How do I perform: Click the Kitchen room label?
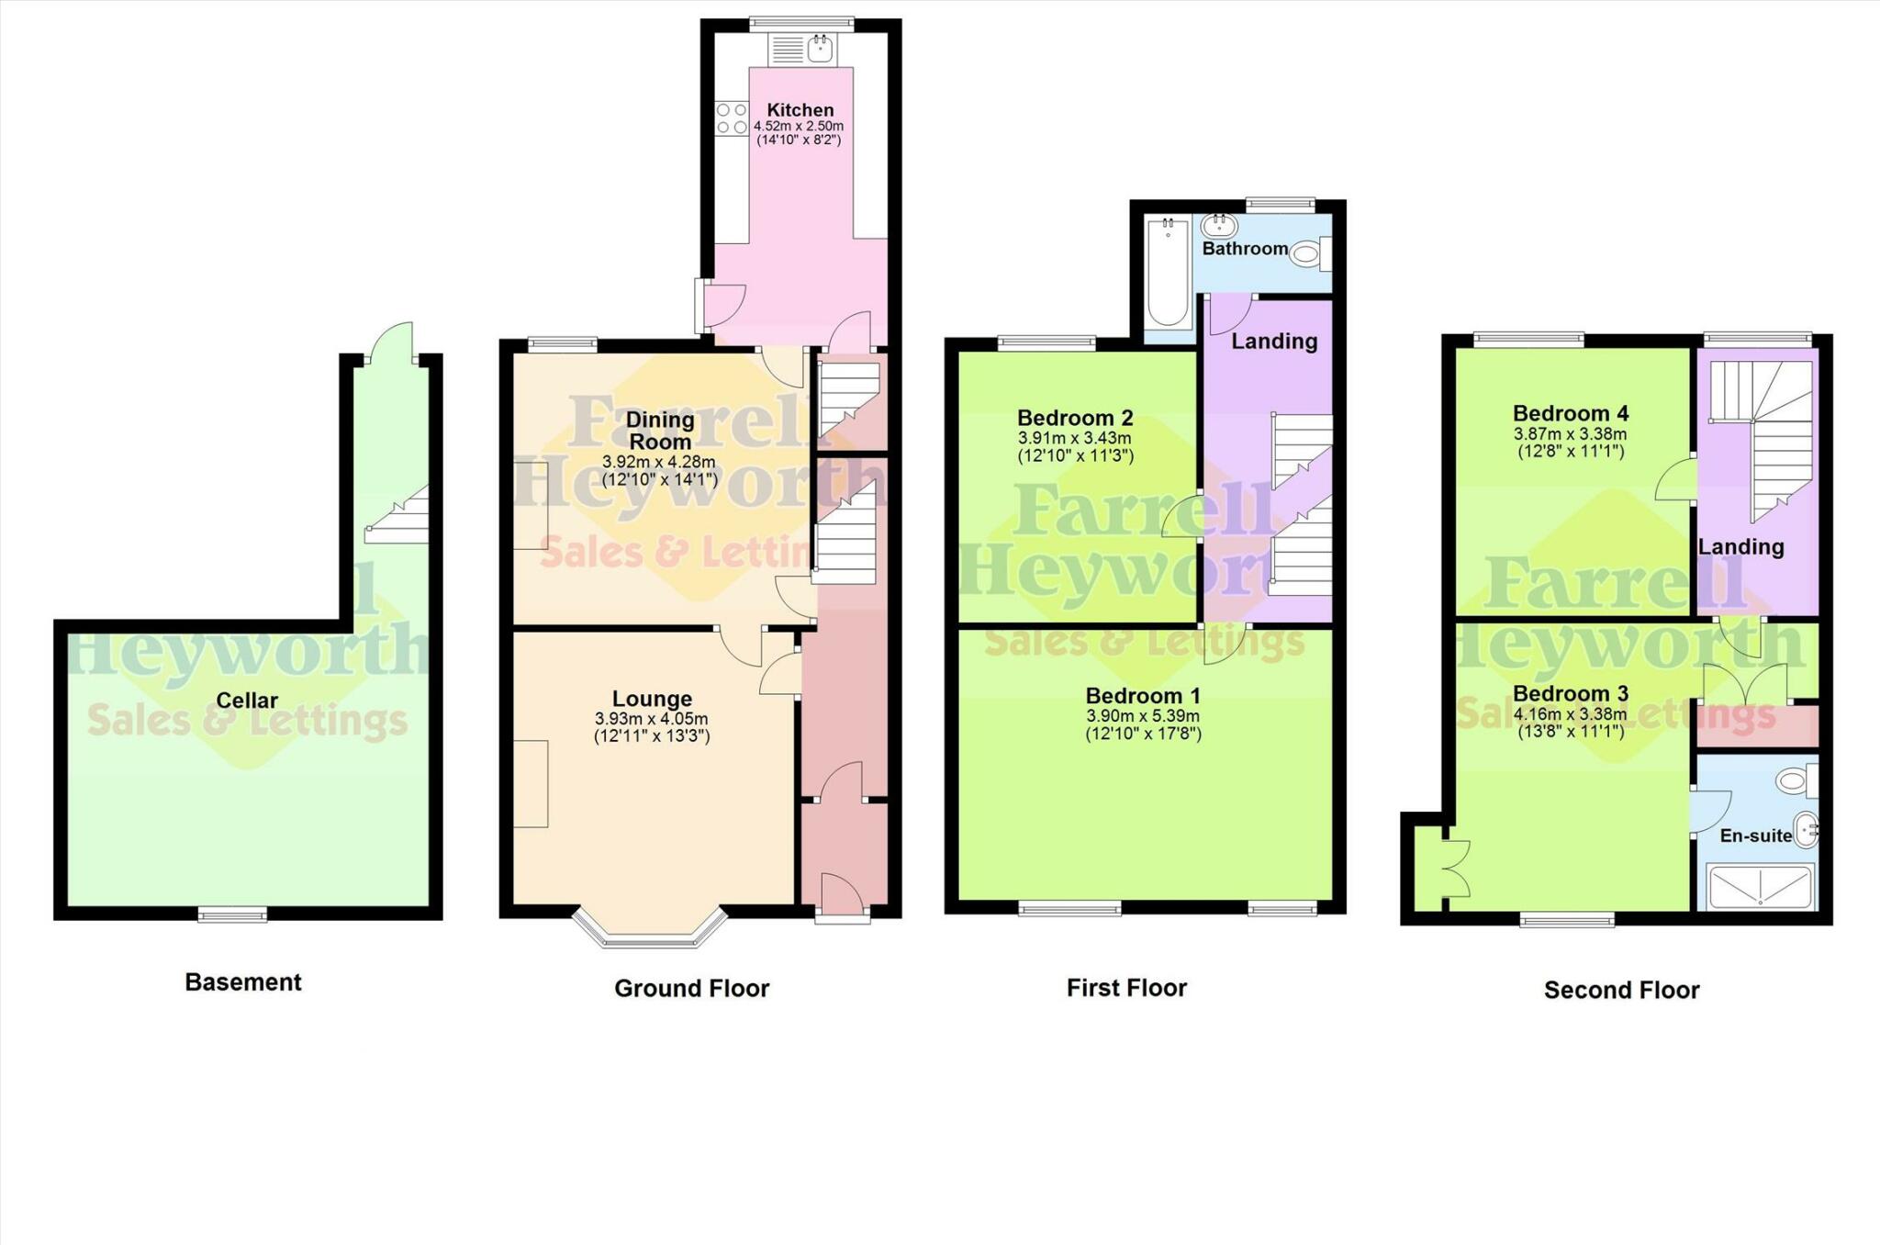(x=800, y=110)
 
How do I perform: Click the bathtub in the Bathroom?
(x=1167, y=273)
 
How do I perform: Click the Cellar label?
(x=247, y=701)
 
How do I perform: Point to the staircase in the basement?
(x=398, y=516)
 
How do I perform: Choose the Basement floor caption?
(x=243, y=982)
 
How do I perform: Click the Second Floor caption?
(x=1621, y=990)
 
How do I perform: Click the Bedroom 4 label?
(x=1571, y=413)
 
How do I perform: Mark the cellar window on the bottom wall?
(x=233, y=914)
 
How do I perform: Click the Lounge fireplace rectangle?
(x=531, y=783)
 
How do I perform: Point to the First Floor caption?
(x=1126, y=988)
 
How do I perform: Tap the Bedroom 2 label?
(x=1075, y=418)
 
